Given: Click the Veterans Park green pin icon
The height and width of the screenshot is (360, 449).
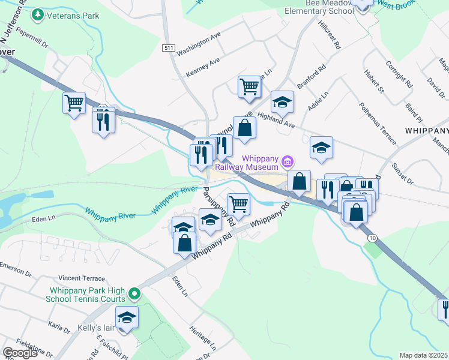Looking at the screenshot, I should (38, 14).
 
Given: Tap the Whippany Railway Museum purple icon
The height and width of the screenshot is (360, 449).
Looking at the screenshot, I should (288, 161).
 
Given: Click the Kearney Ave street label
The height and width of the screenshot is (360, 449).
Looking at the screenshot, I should (203, 67).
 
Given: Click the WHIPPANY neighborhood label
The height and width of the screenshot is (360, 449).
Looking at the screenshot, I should (426, 130).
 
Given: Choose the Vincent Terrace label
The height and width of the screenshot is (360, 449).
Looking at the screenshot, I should (82, 278).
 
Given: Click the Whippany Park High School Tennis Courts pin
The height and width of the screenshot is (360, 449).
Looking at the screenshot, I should (134, 294).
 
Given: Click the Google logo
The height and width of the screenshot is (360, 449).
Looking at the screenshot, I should (20, 353).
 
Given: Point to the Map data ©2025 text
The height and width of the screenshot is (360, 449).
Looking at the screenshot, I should (423, 355).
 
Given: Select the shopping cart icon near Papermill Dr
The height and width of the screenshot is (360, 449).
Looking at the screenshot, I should (74, 103).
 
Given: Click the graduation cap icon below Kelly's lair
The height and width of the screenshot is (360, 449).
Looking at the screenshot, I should (127, 317).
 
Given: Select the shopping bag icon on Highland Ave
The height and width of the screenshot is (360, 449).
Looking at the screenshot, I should (244, 128).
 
